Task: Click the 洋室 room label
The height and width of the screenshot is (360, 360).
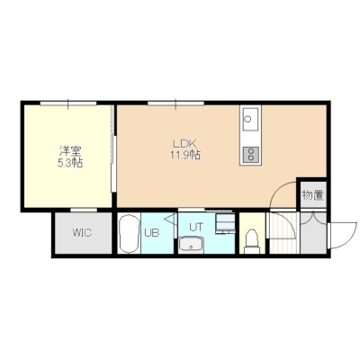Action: tap(70, 150)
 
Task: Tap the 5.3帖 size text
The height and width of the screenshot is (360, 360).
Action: tap(70, 163)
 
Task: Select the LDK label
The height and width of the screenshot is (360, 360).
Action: tap(184, 142)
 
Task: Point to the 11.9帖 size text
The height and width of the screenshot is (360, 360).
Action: tap(185, 155)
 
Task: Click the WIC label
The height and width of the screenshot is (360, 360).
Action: tap(82, 233)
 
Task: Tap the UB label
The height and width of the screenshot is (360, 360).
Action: tap(152, 233)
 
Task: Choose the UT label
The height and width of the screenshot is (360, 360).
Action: tap(196, 227)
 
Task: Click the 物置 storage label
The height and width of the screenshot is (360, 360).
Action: tap(313, 195)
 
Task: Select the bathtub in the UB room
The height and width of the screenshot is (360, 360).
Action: tap(129, 234)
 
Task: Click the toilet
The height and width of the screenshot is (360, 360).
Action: tap(252, 242)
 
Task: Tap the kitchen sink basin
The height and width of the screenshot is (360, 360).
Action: tap(250, 119)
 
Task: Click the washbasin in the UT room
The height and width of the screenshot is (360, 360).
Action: tap(191, 245)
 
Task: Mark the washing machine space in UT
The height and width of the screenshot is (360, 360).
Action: tap(225, 223)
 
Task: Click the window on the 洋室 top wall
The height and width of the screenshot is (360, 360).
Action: tap(68, 103)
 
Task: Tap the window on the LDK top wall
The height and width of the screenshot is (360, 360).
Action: tap(175, 103)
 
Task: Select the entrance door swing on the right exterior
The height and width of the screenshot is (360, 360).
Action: tap(343, 236)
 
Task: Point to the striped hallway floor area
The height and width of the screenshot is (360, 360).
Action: tap(283, 233)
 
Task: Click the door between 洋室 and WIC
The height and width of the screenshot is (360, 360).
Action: tap(84, 210)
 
